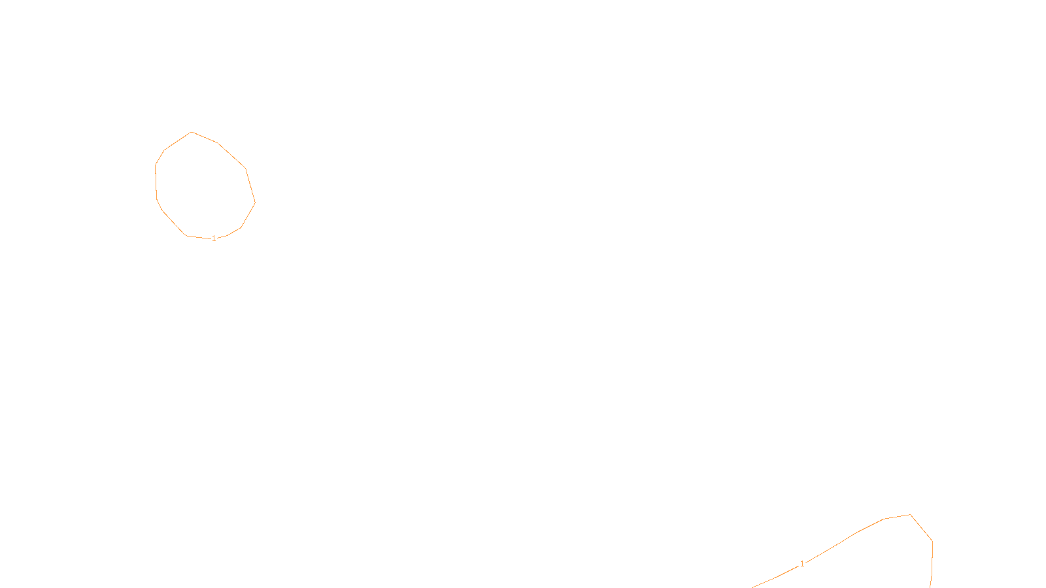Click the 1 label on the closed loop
pos(214,238)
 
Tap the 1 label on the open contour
pos(802,564)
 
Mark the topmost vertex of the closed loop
pos(192,132)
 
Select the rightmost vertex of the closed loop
pos(255,203)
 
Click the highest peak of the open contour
pos(910,515)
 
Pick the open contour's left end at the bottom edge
pos(752,587)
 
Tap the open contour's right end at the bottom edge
pos(930,587)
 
